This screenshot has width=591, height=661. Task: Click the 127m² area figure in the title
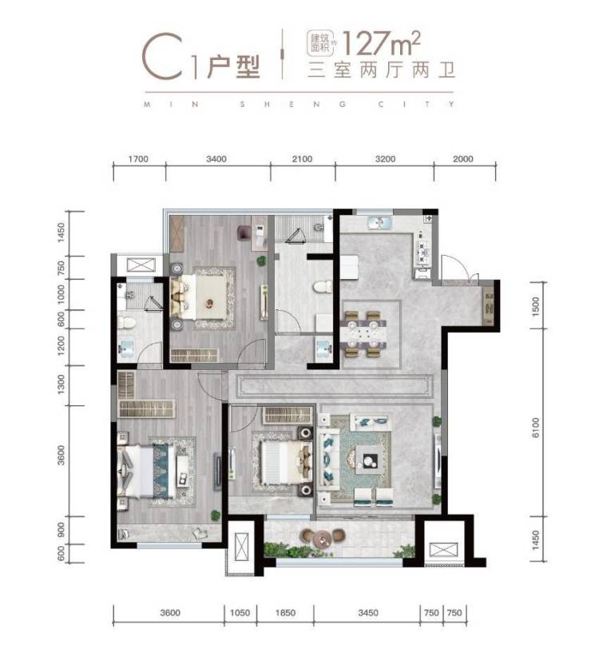coord(382,43)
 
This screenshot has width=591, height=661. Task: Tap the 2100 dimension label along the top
coord(302,159)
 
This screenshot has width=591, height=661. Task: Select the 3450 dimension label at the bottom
coord(368,612)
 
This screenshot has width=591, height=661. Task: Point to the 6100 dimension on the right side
coord(535,428)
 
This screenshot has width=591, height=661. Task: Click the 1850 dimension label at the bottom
coord(285,612)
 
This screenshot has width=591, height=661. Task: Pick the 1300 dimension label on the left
coord(61,385)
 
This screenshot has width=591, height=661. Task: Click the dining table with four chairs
coord(365,334)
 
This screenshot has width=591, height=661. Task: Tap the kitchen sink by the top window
coord(379,222)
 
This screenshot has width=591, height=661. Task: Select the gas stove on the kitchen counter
coord(423,253)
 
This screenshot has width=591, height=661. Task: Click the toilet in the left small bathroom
coord(126,323)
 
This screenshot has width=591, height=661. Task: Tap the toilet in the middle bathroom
coord(323,287)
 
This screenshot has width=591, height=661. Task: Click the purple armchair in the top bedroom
coord(244,233)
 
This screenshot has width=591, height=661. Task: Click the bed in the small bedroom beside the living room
coord(282,463)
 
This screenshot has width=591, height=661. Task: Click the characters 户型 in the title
coord(233,67)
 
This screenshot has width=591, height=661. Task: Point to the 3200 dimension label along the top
coord(385,159)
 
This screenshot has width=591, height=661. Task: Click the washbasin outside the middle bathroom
coord(324,348)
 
